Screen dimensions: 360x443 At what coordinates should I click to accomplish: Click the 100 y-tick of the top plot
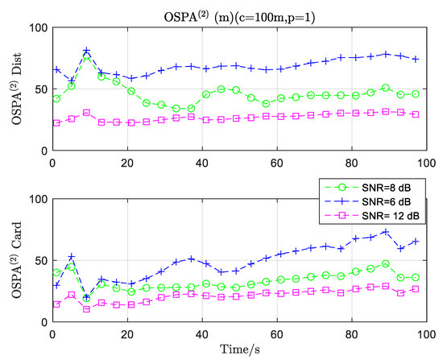coord(35,29)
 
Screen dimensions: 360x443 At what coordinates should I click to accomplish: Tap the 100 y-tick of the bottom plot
coord(35,199)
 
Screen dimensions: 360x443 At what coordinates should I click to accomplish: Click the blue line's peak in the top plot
coord(86,52)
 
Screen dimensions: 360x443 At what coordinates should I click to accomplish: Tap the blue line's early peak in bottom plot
coord(71,257)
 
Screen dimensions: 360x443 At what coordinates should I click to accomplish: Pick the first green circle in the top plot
coord(56,99)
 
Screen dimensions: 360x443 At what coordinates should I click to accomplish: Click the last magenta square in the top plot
coord(416,114)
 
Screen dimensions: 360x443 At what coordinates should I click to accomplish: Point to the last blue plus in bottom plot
coord(416,241)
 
